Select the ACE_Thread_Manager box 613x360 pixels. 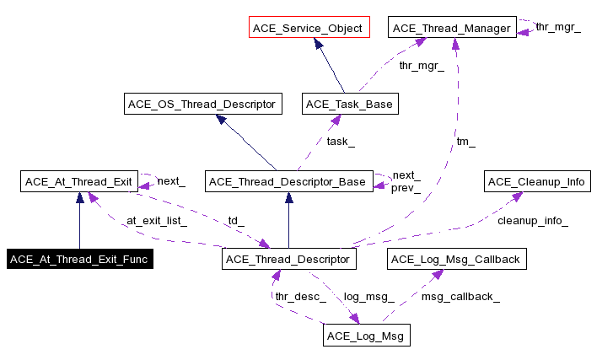(452, 28)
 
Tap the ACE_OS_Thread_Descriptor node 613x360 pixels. (202, 105)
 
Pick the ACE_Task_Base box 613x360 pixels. (349, 105)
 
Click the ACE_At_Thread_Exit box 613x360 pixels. (79, 180)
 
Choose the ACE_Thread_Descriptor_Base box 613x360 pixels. (288, 181)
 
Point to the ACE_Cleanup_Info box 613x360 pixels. (537, 181)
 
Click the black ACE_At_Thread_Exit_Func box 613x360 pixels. (79, 259)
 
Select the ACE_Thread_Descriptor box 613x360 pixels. (289, 259)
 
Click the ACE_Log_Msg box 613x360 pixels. (366, 336)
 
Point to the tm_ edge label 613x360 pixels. (465, 142)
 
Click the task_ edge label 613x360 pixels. (341, 142)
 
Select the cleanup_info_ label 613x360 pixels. (533, 221)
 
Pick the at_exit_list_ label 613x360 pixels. (157, 221)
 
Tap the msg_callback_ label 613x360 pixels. (460, 297)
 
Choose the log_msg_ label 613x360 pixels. (369, 297)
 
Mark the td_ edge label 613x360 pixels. (236, 221)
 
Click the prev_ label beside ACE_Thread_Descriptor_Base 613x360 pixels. (405, 187)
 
